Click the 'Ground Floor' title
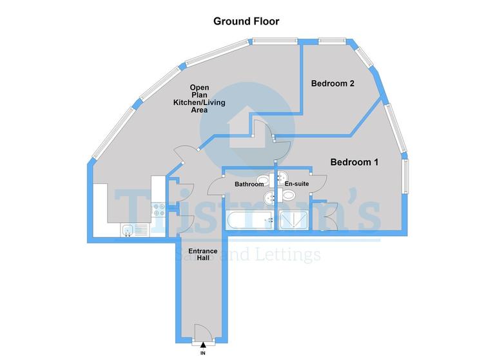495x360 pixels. pyautogui.click(x=246, y=21)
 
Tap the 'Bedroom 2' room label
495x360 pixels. pyautogui.click(x=333, y=83)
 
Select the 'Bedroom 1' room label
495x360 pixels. pyautogui.click(x=354, y=162)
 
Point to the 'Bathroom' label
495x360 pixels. pyautogui.click(x=249, y=185)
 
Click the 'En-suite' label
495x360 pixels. pyautogui.click(x=296, y=185)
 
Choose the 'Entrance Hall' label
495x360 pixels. pyautogui.click(x=199, y=254)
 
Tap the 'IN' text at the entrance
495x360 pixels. pyautogui.click(x=203, y=354)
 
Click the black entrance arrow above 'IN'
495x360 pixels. pyautogui.click(x=203, y=347)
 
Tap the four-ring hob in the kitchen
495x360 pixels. pyautogui.click(x=157, y=210)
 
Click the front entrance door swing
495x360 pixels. pyautogui.click(x=203, y=333)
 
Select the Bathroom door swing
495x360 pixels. pyautogui.click(x=216, y=185)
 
